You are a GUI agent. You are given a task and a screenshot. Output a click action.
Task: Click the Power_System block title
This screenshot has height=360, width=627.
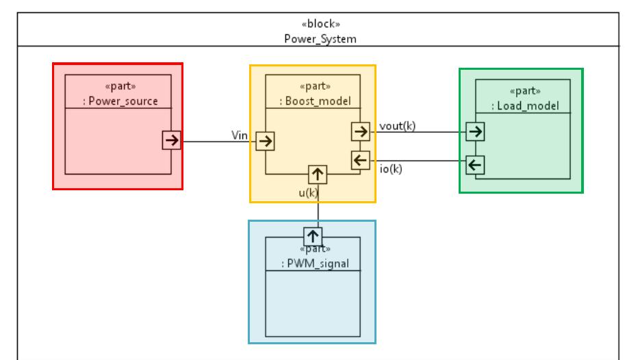coord(320,38)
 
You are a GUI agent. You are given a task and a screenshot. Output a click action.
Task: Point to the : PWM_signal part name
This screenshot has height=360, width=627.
coord(313,263)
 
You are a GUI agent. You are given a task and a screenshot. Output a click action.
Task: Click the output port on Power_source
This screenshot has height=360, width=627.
coord(171,140)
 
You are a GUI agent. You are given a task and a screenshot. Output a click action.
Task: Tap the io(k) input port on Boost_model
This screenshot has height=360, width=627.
coord(359,160)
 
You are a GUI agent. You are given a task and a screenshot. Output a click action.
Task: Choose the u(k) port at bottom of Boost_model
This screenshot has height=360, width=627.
coord(318,175)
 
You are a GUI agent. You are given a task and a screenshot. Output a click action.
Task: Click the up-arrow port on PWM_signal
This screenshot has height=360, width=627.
coord(313,236)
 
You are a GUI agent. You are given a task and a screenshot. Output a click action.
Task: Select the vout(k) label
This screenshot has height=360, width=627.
coord(397,125)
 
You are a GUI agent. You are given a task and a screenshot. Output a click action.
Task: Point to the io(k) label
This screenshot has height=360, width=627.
coord(390,169)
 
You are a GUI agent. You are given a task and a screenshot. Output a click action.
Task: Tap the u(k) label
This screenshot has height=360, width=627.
coord(308,192)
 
